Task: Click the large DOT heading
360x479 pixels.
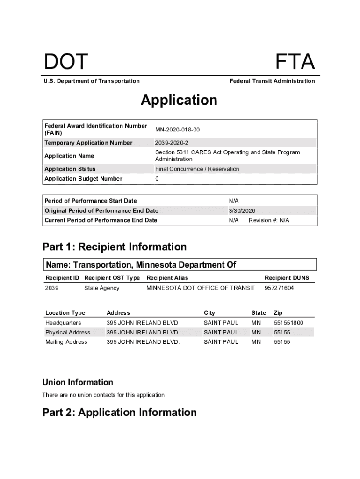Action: (65, 62)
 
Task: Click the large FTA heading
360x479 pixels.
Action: (295, 62)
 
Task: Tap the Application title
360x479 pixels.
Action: (179, 100)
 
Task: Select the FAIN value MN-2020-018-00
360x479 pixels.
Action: (178, 130)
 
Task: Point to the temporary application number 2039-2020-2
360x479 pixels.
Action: (172, 143)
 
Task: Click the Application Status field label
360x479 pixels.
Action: (70, 169)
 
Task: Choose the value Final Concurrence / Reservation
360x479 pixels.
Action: (197, 169)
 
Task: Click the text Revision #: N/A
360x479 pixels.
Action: (269, 220)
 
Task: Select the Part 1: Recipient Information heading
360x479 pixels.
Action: (115, 247)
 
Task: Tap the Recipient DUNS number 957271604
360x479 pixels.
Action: (279, 288)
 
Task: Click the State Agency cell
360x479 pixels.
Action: (101, 288)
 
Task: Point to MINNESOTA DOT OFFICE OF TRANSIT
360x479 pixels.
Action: (201, 288)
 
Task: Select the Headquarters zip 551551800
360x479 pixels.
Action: (288, 323)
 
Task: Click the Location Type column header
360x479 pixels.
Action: (65, 312)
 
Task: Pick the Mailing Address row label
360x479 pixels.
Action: (66, 342)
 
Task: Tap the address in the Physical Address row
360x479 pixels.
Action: (142, 332)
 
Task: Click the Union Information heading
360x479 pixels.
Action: (78, 382)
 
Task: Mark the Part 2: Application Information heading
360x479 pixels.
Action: (120, 412)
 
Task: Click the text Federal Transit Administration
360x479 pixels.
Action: (272, 81)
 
